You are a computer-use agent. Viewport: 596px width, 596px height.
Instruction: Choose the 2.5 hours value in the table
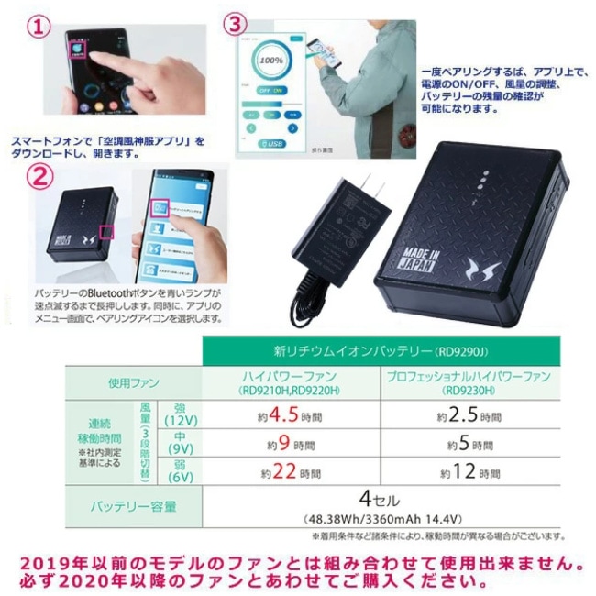click(470, 415)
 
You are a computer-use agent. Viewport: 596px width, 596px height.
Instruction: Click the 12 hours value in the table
click(470, 473)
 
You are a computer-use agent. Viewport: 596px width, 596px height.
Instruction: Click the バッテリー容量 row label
click(133, 506)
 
